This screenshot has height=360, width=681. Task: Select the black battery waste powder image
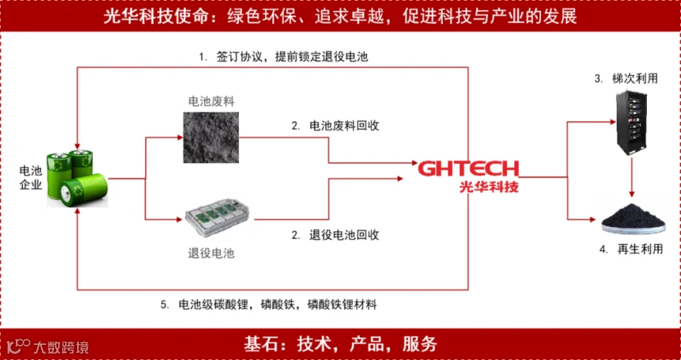tap(210, 135)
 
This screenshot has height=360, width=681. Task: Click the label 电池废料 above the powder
tap(211, 100)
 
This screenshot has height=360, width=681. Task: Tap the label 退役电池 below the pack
tap(211, 253)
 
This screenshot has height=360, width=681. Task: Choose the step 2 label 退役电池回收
tap(336, 234)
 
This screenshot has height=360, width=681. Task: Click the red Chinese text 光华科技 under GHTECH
tap(489, 186)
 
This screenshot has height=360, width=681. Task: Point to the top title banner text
tap(340, 17)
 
